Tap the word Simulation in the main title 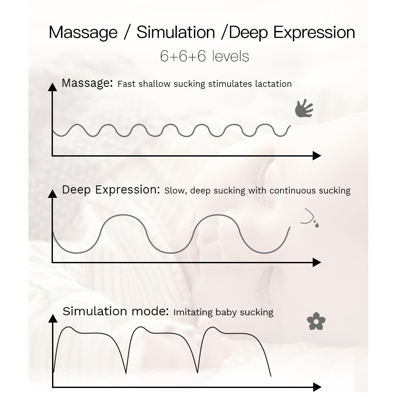coord(176,32)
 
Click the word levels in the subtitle coord(231,56)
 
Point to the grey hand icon coord(304,108)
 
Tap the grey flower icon coord(316,321)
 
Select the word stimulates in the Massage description coord(230,84)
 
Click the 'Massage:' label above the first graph coord(87,83)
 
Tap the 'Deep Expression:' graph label coord(111,190)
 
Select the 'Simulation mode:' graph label coord(116,311)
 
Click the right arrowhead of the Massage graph coord(317,156)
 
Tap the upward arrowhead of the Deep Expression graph coord(52,194)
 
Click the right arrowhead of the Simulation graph coord(317,387)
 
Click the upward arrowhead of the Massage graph coord(52,87)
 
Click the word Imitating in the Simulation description coord(193,312)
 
